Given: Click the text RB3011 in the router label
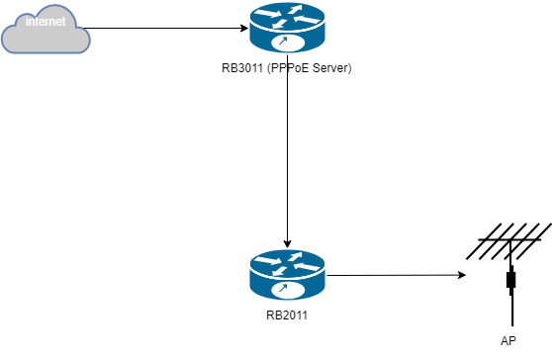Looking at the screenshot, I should coord(243,69).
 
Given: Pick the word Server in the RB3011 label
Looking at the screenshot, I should coord(330,69).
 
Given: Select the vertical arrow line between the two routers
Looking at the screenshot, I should coord(287,158).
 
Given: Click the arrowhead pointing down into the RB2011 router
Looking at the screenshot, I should coord(287,243).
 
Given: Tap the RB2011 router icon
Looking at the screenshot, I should coord(287,275).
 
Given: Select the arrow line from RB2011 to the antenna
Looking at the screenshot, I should coord(396,276).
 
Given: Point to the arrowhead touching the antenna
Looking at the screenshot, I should coord(462,276).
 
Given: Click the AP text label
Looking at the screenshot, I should coord(508,341).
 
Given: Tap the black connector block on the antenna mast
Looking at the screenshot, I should coord(511,281).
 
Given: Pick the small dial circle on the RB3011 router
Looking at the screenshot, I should coord(285,43).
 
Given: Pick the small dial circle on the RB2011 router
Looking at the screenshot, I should coord(285,290).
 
